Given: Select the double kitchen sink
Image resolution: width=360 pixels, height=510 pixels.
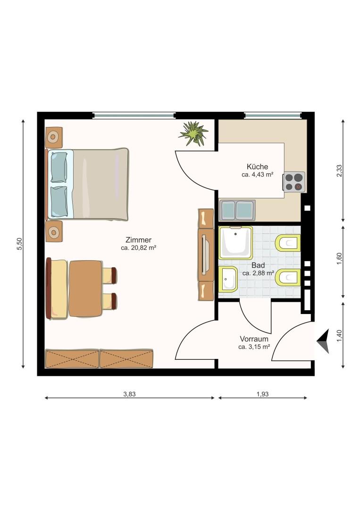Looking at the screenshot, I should pyautogui.click(x=237, y=210).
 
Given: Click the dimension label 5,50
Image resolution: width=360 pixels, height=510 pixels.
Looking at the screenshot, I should pyautogui.click(x=19, y=244).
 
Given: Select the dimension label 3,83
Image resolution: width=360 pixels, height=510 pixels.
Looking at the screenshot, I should pyautogui.click(x=129, y=394).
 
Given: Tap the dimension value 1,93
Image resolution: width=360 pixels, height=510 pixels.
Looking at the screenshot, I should pyautogui.click(x=262, y=394).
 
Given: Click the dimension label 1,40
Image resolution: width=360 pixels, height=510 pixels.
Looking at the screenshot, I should pyautogui.click(x=339, y=335).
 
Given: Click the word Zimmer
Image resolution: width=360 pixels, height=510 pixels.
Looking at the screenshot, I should pyautogui.click(x=138, y=239).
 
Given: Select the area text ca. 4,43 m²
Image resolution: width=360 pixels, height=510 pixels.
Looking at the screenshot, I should pyautogui.click(x=257, y=174).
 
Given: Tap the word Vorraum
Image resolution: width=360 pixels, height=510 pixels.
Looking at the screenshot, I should pyautogui.click(x=254, y=339).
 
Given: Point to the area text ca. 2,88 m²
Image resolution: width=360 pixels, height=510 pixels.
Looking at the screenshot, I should pyautogui.click(x=258, y=273).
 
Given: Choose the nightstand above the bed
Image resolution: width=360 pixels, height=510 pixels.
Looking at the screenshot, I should pyautogui.click(x=53, y=137).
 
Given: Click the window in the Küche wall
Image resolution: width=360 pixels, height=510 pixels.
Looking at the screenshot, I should pyautogui.click(x=272, y=115).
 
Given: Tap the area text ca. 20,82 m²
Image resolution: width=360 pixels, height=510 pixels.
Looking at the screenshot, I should pyautogui.click(x=138, y=247).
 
